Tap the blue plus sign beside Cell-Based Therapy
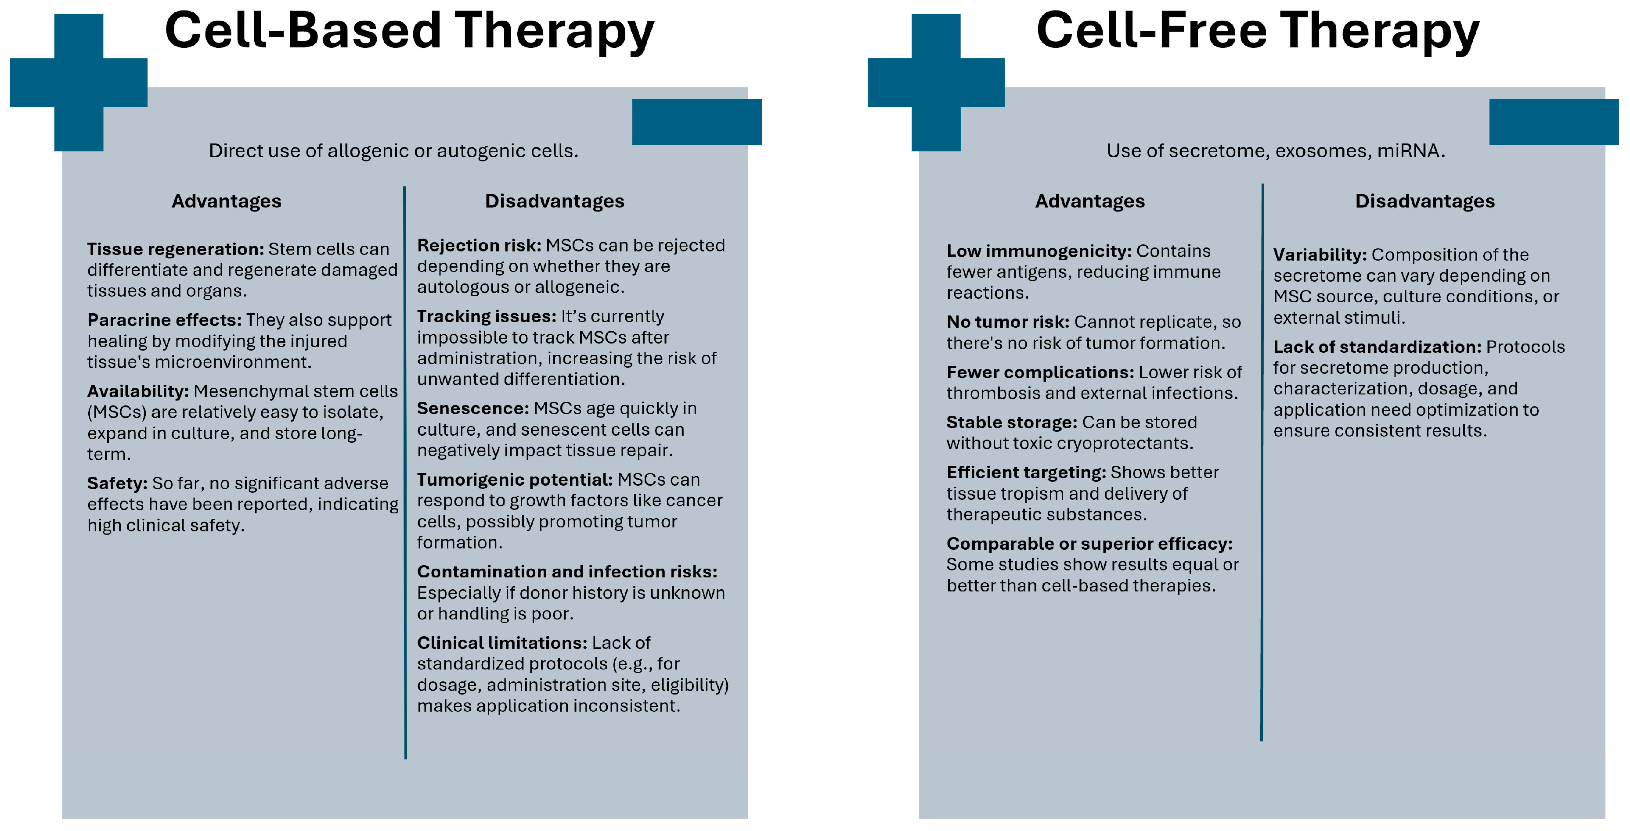pos(79,82)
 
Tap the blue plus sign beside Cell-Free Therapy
pos(936,82)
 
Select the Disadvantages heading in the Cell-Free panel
pos(1424,201)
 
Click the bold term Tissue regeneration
pos(175,249)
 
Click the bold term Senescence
pos(472,408)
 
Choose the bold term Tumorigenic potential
pos(515,480)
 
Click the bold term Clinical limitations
pos(502,643)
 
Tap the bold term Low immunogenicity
pos(1039,251)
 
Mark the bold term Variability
pos(1319,255)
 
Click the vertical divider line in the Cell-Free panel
pos(1262,462)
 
